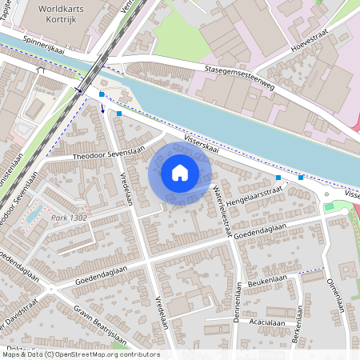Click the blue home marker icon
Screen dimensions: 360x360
point(180,173)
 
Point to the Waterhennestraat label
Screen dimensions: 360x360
point(218,201)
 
